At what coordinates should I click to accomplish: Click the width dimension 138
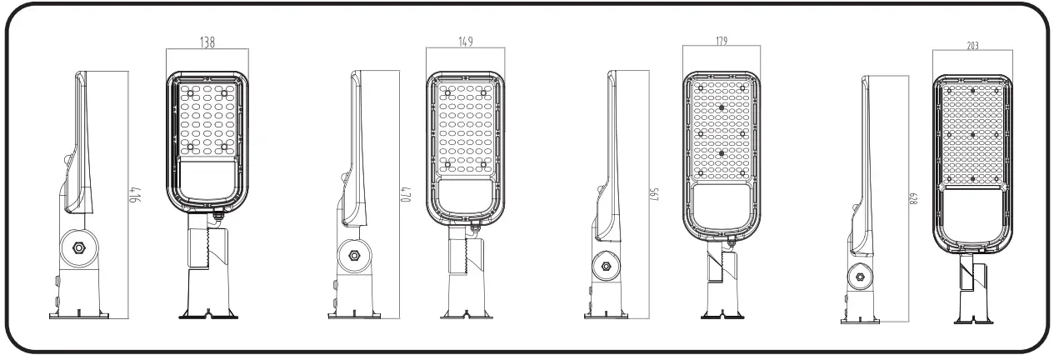click(x=206, y=43)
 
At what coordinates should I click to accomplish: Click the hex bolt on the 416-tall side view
click(x=77, y=247)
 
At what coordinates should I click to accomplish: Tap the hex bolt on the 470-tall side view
click(x=353, y=256)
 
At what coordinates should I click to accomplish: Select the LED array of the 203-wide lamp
click(x=972, y=134)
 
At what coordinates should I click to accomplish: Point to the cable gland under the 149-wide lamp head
click(x=475, y=224)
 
